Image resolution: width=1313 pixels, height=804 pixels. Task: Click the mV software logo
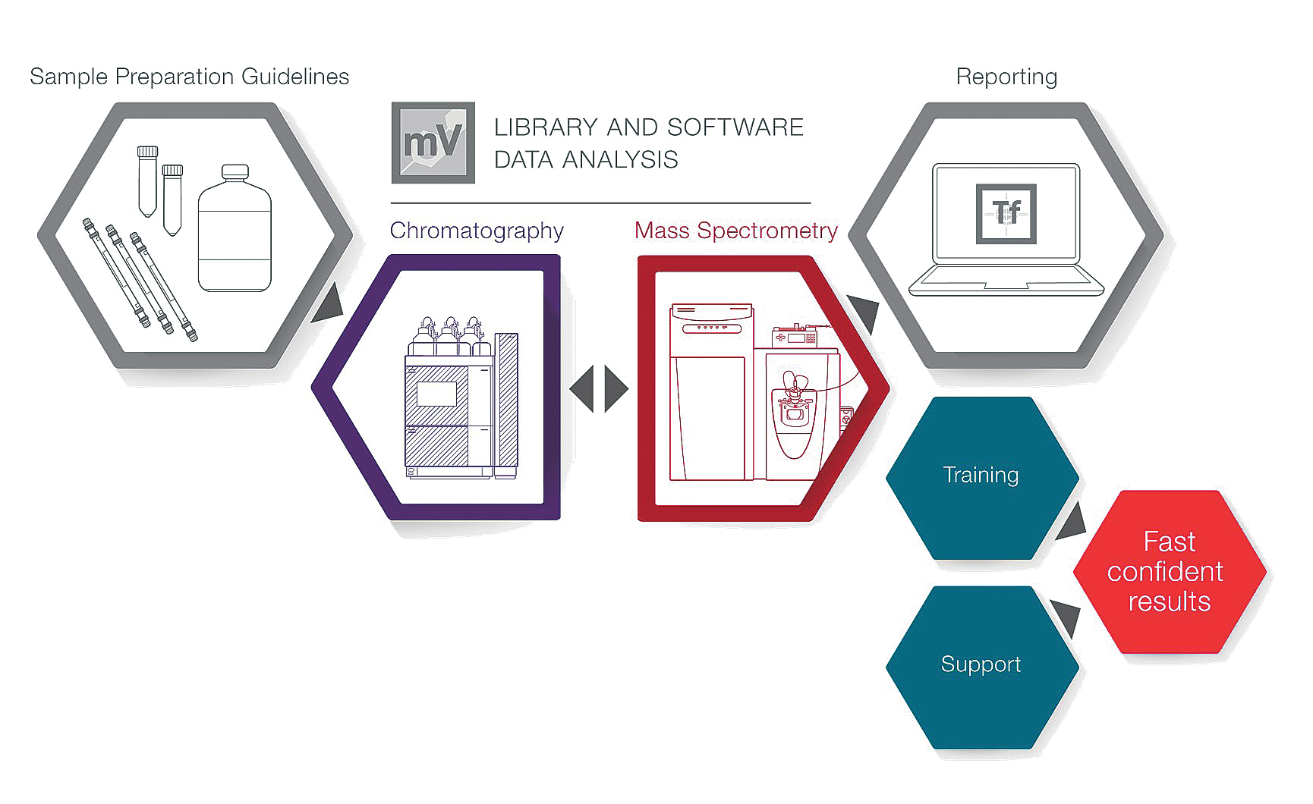click(433, 143)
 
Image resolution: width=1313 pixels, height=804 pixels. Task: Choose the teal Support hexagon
click(981, 665)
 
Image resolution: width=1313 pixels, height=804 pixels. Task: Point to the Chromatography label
click(477, 231)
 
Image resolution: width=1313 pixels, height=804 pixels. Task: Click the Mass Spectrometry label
click(735, 231)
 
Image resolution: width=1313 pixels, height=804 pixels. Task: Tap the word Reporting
click(1006, 77)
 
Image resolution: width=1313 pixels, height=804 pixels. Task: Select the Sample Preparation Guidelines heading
click(189, 77)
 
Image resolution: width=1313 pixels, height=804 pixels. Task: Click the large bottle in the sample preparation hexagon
click(235, 231)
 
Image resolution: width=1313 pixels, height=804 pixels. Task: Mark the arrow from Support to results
click(1066, 616)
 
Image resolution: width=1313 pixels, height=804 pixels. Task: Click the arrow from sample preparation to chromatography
click(326, 303)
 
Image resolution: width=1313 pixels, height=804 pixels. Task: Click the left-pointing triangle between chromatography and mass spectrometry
click(582, 388)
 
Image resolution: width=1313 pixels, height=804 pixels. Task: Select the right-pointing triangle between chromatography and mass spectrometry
click(616, 388)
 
